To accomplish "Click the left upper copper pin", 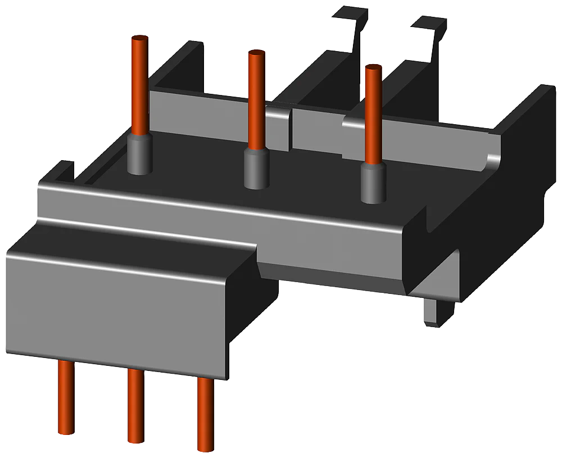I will point(139,84).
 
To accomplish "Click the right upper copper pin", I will point(371,112).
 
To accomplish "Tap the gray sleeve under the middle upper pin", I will point(256,169).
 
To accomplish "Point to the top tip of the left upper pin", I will point(139,38).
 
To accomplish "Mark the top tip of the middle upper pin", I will point(256,53).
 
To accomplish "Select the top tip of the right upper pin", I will point(371,69).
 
